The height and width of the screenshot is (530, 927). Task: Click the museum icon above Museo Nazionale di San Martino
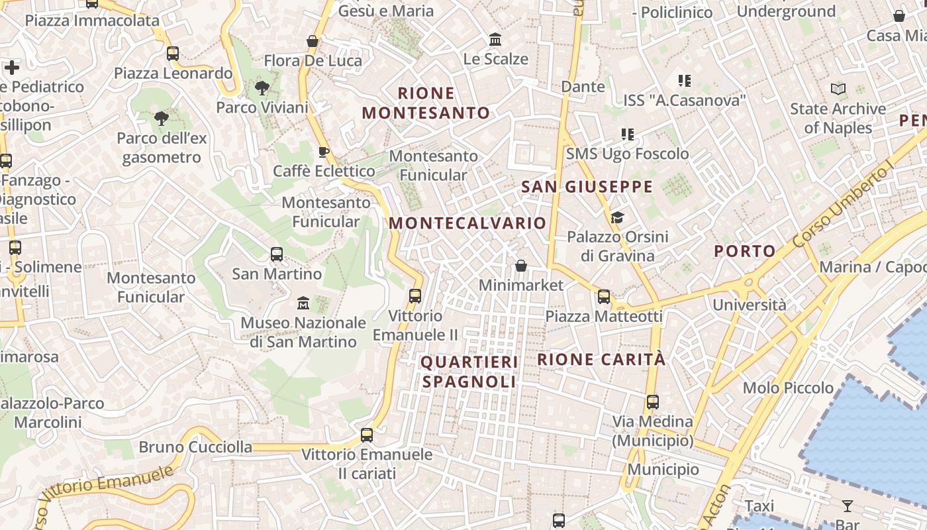pos(303,303)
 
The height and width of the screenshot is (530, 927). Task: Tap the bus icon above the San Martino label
pos(277,254)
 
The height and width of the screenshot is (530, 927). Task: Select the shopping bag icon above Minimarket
pos(521,266)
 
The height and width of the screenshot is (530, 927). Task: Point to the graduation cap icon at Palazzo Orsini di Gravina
pos(617,217)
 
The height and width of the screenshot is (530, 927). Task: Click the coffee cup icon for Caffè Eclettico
pos(324,152)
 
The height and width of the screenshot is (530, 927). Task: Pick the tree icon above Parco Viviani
pos(262,87)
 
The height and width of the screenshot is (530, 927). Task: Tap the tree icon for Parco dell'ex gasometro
pos(161,119)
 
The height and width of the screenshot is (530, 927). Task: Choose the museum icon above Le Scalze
pos(495,40)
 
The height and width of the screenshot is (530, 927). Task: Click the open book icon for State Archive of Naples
pos(838,89)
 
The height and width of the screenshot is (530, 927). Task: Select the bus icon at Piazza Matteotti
pos(604,296)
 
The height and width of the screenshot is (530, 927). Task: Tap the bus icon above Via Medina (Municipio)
pos(653,401)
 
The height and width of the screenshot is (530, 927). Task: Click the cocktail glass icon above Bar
pos(848,506)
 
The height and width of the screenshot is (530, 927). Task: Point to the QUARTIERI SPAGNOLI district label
pos(469,372)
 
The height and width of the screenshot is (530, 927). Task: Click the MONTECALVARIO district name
pos(467,223)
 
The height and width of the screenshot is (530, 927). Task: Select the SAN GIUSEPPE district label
pos(587,187)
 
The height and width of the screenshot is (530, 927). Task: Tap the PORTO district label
pos(745,251)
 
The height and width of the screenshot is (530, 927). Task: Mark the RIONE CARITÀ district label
pos(601,360)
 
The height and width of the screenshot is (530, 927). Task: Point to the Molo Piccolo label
pos(788,388)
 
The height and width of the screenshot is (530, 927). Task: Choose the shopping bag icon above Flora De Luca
pos(313,41)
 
